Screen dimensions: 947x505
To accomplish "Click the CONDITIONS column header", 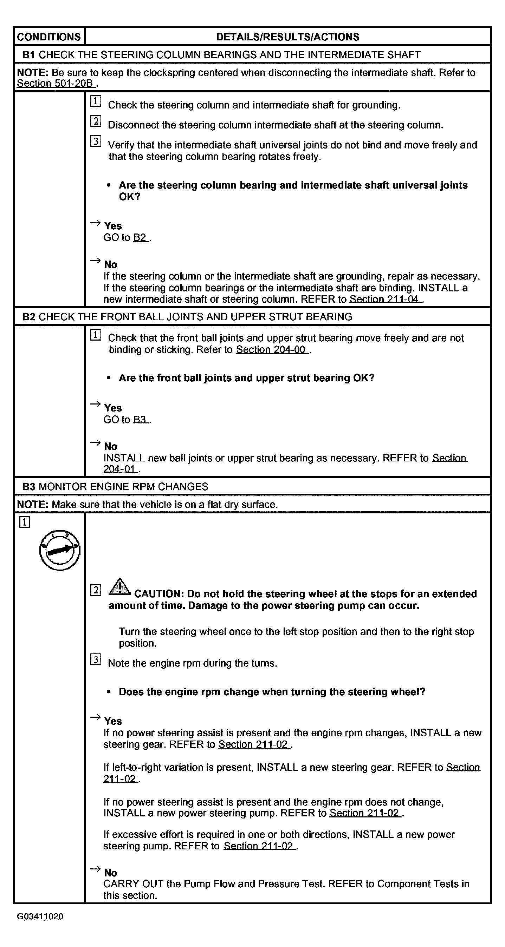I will (49, 37).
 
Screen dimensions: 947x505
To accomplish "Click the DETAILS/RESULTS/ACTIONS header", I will (287, 37).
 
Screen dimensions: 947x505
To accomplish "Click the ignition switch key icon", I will (60, 550).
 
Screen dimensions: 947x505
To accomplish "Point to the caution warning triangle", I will (119, 587).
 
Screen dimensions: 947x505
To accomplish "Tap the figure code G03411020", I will (40, 916).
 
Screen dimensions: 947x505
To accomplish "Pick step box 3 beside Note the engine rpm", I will (96, 660).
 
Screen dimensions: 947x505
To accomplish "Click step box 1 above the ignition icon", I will (25, 522).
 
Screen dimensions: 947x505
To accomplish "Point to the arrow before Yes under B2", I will (95, 405).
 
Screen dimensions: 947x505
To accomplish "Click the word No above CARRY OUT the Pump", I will (111, 873).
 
